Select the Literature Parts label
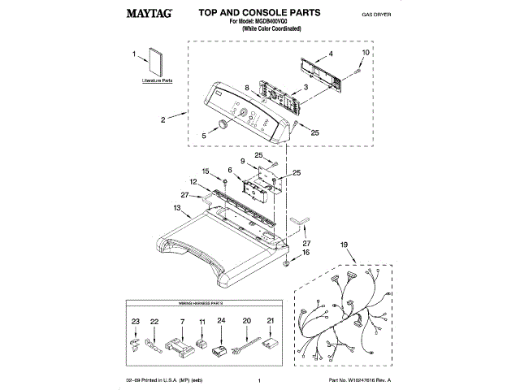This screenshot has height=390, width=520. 157,82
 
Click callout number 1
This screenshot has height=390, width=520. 134,54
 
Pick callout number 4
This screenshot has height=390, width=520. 331,55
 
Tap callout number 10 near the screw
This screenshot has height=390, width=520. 365,52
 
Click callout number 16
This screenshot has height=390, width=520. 306,253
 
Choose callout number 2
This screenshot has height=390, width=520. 162,120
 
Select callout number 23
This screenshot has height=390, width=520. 136,323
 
